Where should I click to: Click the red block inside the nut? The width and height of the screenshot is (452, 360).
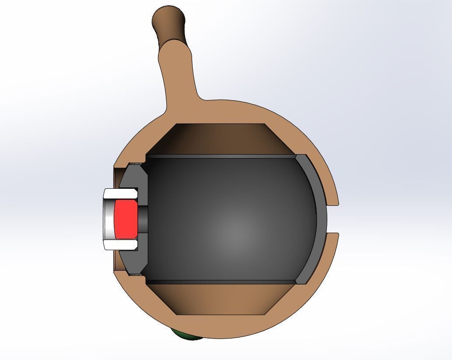pyautogui.click(x=125, y=217)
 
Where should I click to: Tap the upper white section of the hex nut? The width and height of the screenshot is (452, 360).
pyautogui.click(x=121, y=193)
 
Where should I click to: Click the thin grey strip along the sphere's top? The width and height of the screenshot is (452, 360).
pyautogui.click(x=219, y=156)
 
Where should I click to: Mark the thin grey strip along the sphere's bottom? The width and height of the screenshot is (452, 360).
pyautogui.click(x=219, y=282)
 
